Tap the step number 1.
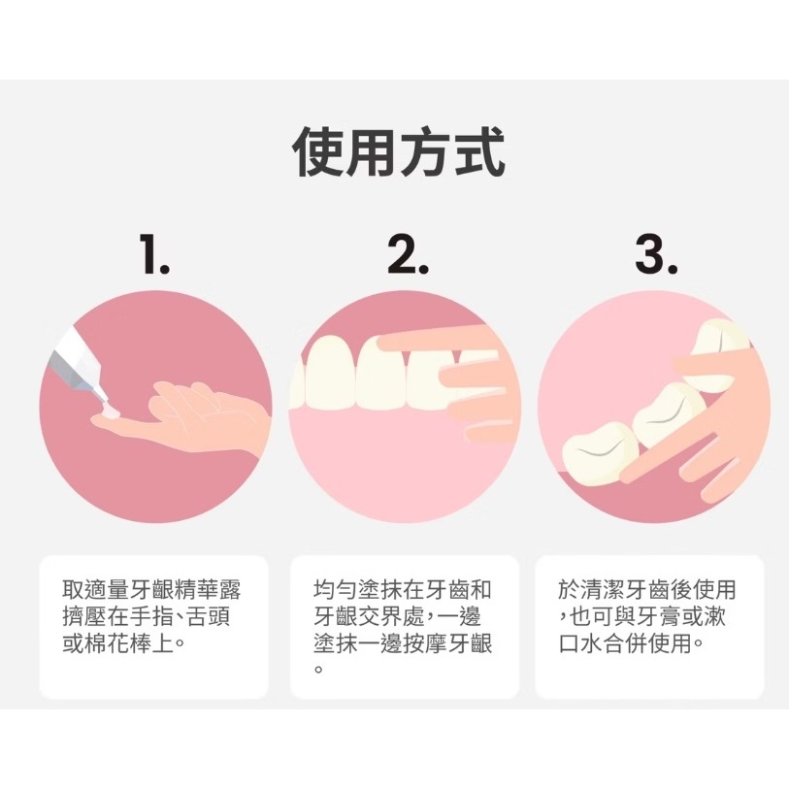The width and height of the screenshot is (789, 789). (x=153, y=254)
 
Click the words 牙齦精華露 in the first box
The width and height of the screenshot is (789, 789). (x=187, y=590)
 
